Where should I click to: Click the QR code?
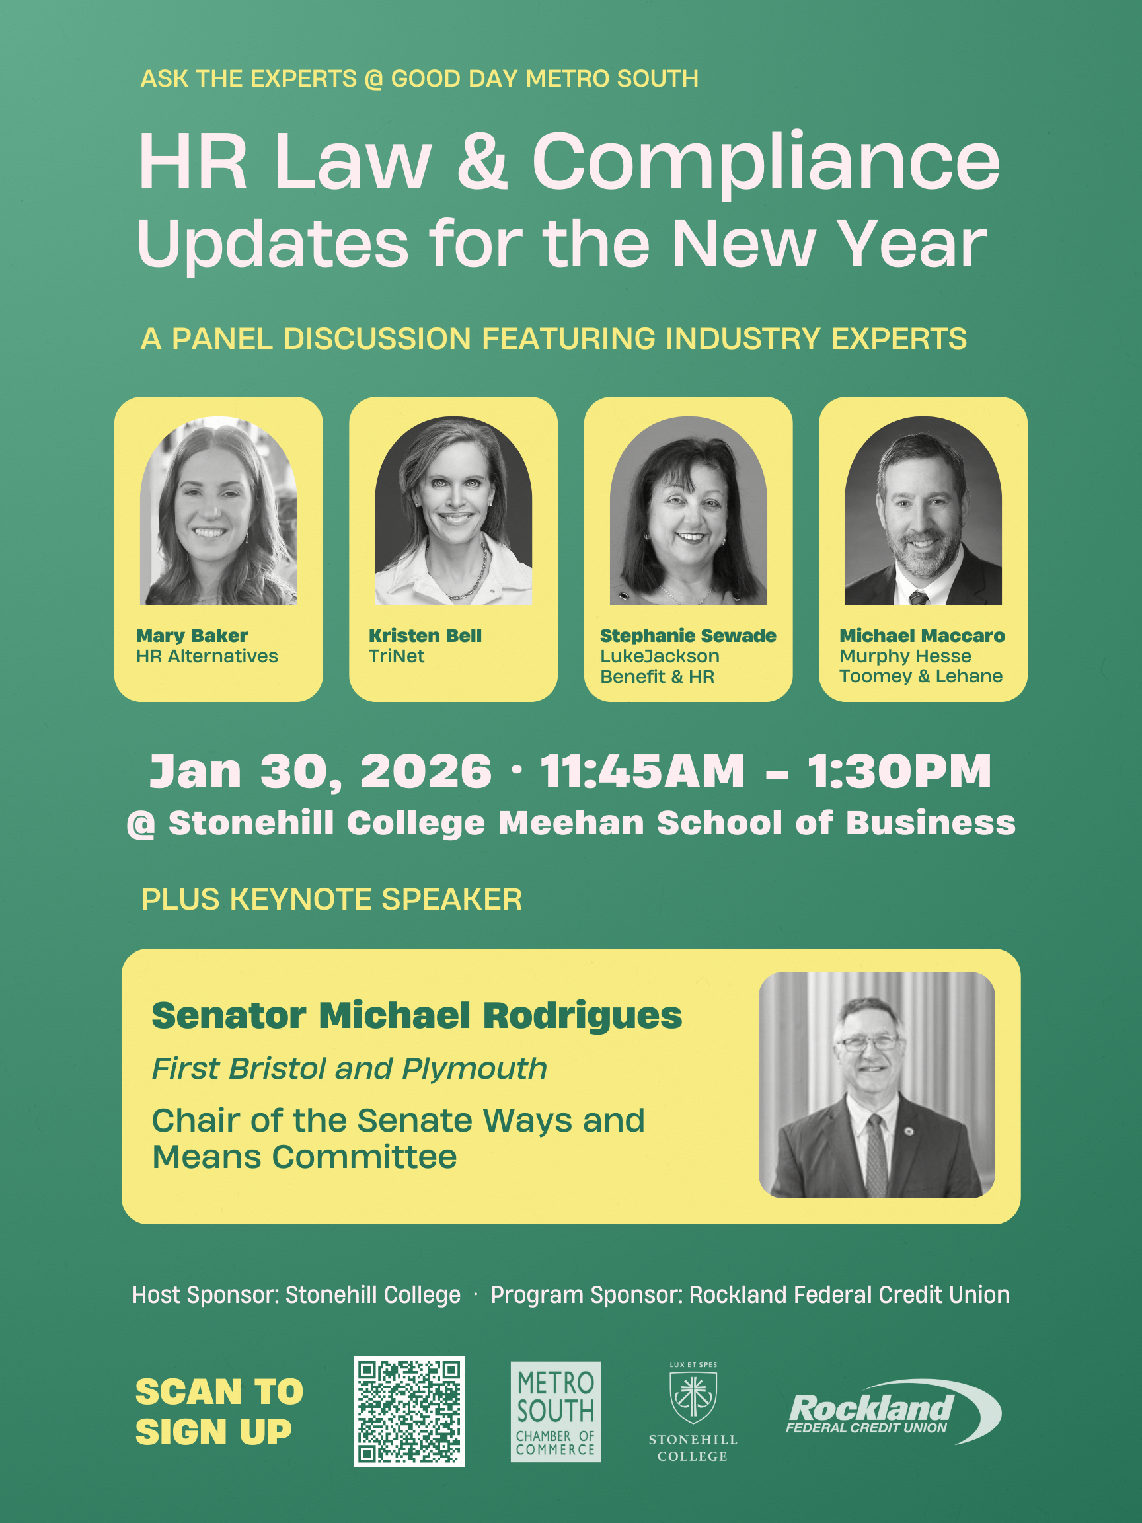(x=409, y=1411)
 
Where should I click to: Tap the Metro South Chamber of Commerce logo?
(x=556, y=1411)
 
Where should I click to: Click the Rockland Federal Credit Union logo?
(x=894, y=1411)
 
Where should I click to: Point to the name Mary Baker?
(x=192, y=635)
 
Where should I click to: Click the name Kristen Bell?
(x=425, y=635)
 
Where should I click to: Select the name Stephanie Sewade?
(x=688, y=635)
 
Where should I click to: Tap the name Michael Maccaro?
(x=922, y=635)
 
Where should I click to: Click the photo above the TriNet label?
(x=453, y=510)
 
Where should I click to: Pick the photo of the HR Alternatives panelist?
(x=218, y=510)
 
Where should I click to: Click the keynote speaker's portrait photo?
(x=876, y=1085)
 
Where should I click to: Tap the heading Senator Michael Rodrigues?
(x=416, y=1015)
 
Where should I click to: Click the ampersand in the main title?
(x=482, y=162)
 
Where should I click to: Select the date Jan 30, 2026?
(x=321, y=771)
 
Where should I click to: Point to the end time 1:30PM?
(x=899, y=771)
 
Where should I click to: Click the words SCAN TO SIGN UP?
(x=219, y=1411)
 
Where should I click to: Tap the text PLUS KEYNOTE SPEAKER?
(x=332, y=899)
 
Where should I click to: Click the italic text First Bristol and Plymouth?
(x=349, y=1069)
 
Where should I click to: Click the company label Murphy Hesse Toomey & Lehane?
(x=921, y=666)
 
